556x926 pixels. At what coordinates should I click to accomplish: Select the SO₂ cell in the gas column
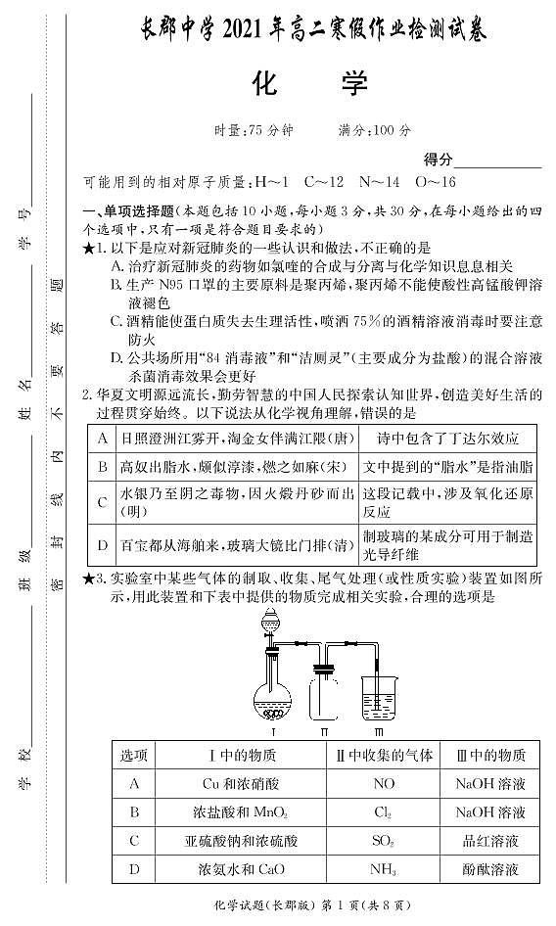click(385, 840)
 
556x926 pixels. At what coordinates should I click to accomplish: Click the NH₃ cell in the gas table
click(385, 867)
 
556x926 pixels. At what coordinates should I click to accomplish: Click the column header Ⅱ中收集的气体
click(385, 755)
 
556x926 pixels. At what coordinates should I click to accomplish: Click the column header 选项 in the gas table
click(134, 755)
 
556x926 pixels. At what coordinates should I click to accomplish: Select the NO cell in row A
click(385, 784)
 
